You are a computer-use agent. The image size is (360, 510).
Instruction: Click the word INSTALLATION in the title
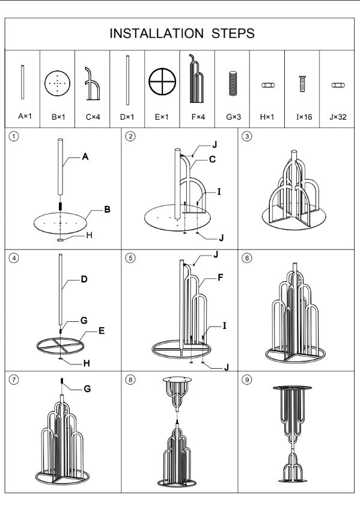click(x=156, y=34)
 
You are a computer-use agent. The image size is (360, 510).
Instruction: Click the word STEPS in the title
click(x=233, y=34)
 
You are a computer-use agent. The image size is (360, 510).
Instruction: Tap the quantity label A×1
click(x=25, y=116)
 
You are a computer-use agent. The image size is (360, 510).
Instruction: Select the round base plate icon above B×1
click(x=57, y=83)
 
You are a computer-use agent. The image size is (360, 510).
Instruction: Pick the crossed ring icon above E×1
click(x=162, y=81)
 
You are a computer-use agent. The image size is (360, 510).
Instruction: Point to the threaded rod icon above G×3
click(x=233, y=83)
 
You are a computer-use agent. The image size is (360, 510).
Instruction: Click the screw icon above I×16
click(x=302, y=84)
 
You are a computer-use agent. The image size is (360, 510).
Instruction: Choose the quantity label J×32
click(x=338, y=117)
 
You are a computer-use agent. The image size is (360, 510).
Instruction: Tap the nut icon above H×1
click(x=267, y=85)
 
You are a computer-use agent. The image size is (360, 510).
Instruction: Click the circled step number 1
click(x=14, y=137)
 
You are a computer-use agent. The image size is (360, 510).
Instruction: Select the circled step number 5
click(x=130, y=258)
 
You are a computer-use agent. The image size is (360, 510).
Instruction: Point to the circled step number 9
click(x=247, y=379)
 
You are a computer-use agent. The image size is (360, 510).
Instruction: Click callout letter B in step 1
click(x=107, y=209)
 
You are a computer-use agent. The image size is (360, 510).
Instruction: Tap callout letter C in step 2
click(x=212, y=159)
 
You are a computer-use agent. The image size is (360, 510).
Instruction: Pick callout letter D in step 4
click(x=84, y=279)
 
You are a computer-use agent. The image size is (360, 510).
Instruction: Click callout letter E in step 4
click(x=102, y=331)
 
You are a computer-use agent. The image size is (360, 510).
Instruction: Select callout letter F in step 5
click(x=221, y=277)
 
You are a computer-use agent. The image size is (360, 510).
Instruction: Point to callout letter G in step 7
click(x=87, y=389)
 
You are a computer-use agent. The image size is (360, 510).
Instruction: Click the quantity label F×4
click(x=198, y=117)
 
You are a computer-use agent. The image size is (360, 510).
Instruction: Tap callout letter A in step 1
click(x=85, y=157)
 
